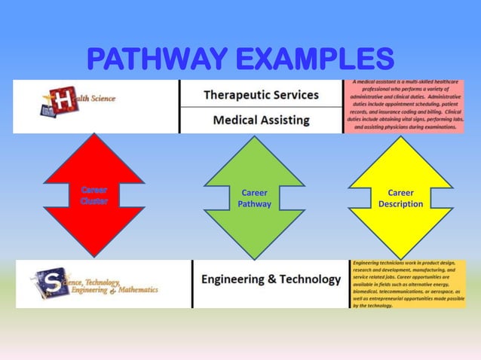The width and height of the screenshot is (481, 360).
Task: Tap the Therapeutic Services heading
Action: [x=261, y=96]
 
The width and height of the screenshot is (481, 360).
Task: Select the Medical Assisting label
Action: [x=261, y=120]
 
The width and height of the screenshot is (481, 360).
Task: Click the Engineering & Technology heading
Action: [x=271, y=279]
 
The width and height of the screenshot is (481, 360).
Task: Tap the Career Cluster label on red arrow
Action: [x=94, y=196]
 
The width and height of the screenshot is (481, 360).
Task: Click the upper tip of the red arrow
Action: [x=93, y=136]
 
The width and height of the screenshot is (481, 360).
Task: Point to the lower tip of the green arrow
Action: [x=254, y=258]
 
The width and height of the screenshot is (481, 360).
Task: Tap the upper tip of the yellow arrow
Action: [x=400, y=138]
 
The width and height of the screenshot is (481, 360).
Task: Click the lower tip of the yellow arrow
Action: [x=400, y=258]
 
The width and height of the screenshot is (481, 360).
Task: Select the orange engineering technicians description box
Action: [x=408, y=284]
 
